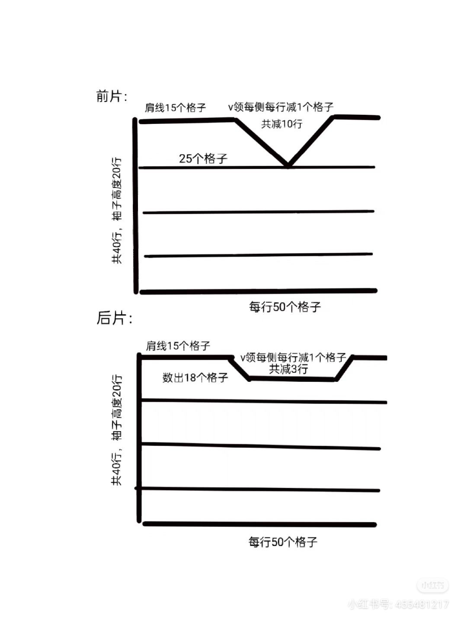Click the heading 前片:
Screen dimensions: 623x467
pyautogui.click(x=112, y=96)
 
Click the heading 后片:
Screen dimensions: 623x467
pyautogui.click(x=114, y=318)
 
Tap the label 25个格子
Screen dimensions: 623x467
pyautogui.click(x=203, y=158)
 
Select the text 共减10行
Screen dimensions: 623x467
pyautogui.click(x=281, y=124)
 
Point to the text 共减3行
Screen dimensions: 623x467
pyautogui.click(x=288, y=369)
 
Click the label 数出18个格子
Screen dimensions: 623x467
pyautogui.click(x=195, y=378)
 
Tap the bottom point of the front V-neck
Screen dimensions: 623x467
pyautogui.click(x=288, y=165)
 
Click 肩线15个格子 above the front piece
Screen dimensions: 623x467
pyautogui.click(x=175, y=107)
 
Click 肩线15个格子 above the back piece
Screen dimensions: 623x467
pyautogui.click(x=178, y=345)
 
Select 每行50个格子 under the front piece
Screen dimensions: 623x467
pyautogui.click(x=285, y=307)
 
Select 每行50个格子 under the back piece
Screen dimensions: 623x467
pyautogui.click(x=283, y=542)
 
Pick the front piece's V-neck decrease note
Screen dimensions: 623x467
pyautogui.click(x=281, y=107)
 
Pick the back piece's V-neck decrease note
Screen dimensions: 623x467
pyautogui.click(x=293, y=358)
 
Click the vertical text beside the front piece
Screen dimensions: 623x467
pyautogui.click(x=117, y=210)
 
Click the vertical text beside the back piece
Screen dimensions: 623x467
pyautogui.click(x=117, y=430)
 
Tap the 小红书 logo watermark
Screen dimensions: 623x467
pyautogui.click(x=432, y=585)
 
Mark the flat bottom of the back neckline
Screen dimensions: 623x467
pyautogui.click(x=292, y=379)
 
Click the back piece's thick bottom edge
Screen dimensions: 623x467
pyautogui.click(x=259, y=524)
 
